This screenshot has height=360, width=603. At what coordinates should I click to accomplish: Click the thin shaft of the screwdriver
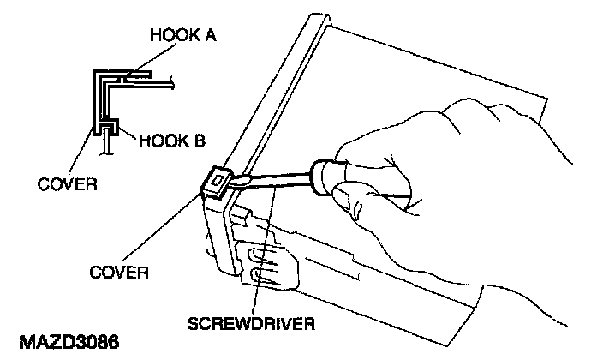coord(278,175)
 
